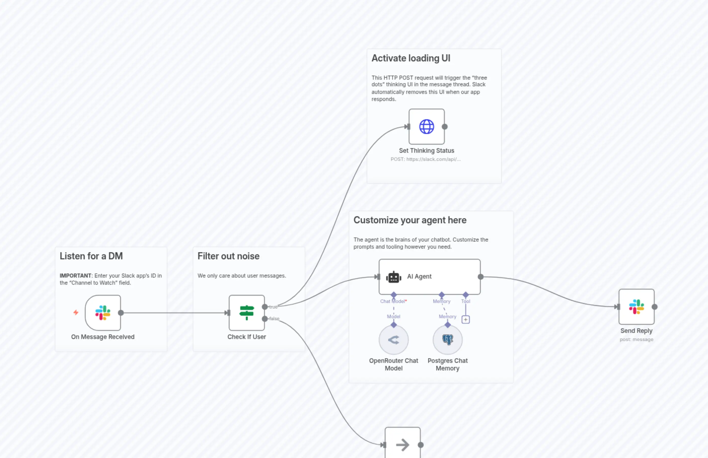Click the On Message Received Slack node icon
point(103,313)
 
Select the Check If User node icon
point(247,313)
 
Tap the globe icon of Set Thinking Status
point(426,127)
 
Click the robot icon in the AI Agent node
point(394,277)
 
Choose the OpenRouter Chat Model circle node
point(394,340)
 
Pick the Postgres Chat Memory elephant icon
point(448,340)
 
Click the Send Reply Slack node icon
point(637,307)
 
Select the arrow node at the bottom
point(402,445)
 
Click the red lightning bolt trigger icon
point(76,312)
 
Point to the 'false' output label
point(274,318)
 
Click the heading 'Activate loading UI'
point(411,58)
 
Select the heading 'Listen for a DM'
point(91,256)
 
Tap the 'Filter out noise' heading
point(228,256)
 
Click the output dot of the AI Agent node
point(480,277)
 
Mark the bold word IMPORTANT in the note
point(76,276)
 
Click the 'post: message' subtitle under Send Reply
point(637,339)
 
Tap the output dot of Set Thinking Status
point(444,127)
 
